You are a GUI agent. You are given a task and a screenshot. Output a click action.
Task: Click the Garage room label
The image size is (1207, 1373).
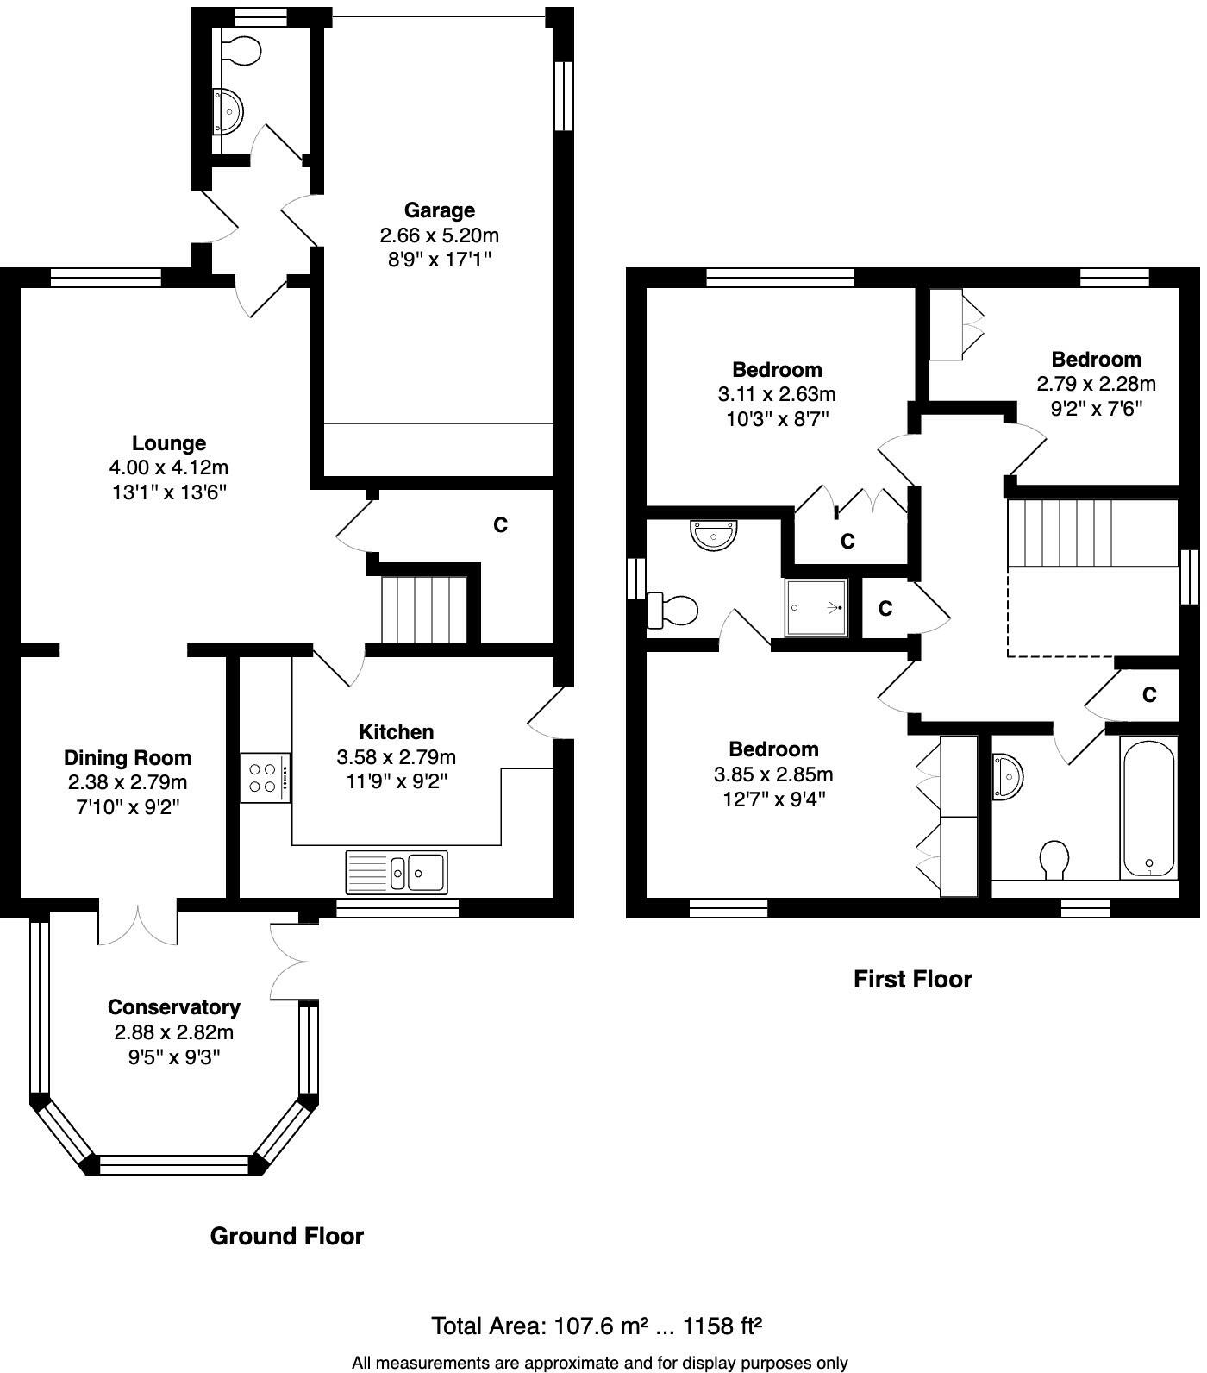pyautogui.click(x=441, y=210)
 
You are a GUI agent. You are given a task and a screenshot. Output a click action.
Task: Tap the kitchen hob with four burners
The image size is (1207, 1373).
pyautogui.click(x=266, y=779)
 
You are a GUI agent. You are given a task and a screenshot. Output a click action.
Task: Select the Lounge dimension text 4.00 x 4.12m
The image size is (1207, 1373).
pyautogui.click(x=169, y=468)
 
